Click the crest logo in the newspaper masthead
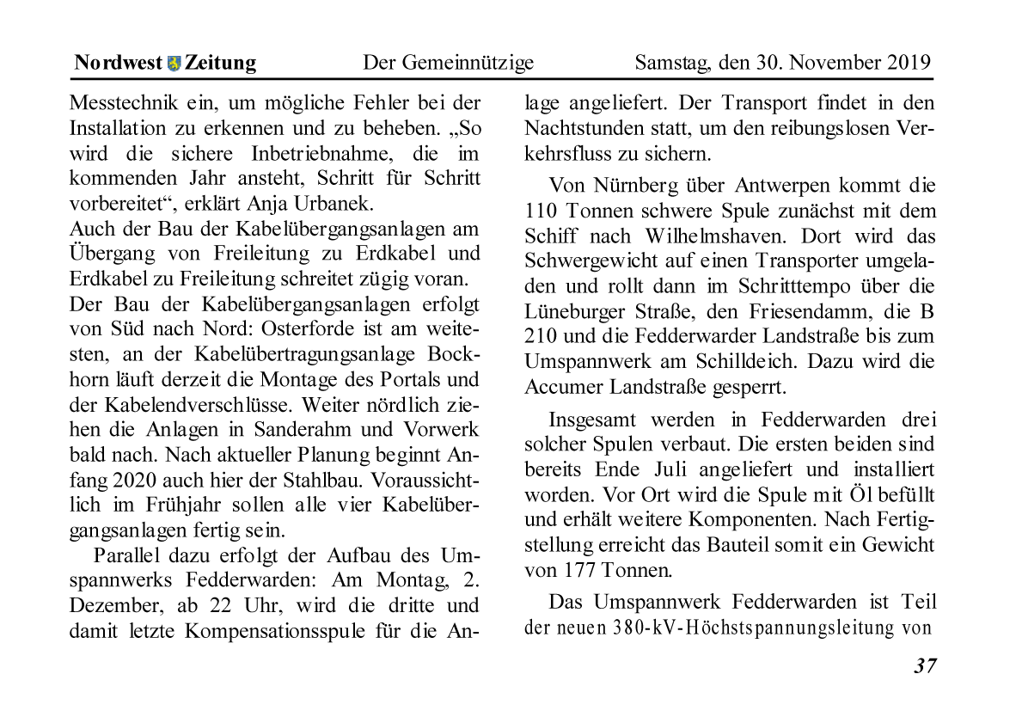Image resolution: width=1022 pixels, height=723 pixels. pyautogui.click(x=174, y=64)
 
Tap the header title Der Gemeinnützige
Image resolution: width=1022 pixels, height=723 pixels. pyautogui.click(x=448, y=64)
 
